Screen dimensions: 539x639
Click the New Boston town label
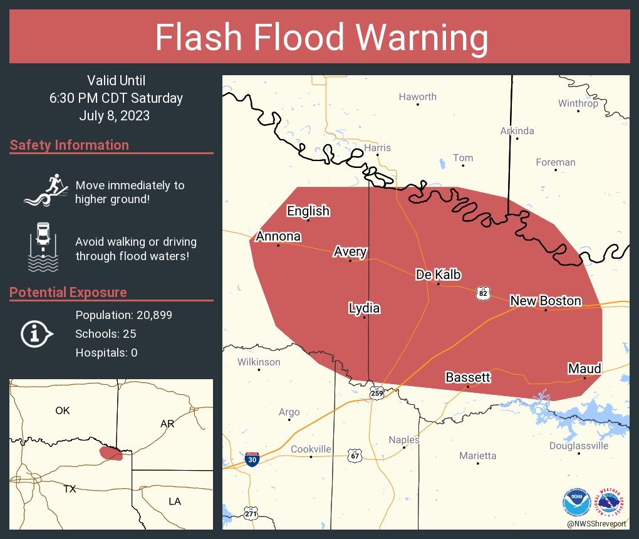(545, 301)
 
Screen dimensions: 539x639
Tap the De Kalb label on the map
(439, 275)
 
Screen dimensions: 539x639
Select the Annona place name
(278, 236)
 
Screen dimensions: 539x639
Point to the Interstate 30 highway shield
(252, 459)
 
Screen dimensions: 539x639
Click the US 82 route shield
(482, 293)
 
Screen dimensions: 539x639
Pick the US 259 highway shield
(376, 393)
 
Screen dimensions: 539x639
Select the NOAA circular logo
(576, 503)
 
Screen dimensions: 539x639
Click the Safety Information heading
(70, 145)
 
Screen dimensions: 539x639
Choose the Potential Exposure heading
(68, 293)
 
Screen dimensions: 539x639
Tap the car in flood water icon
(43, 247)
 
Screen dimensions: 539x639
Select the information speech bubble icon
(37, 333)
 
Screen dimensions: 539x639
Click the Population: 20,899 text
(123, 315)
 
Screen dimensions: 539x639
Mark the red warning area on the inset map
(111, 453)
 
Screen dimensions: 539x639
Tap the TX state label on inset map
(70, 489)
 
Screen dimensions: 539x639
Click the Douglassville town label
(578, 446)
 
